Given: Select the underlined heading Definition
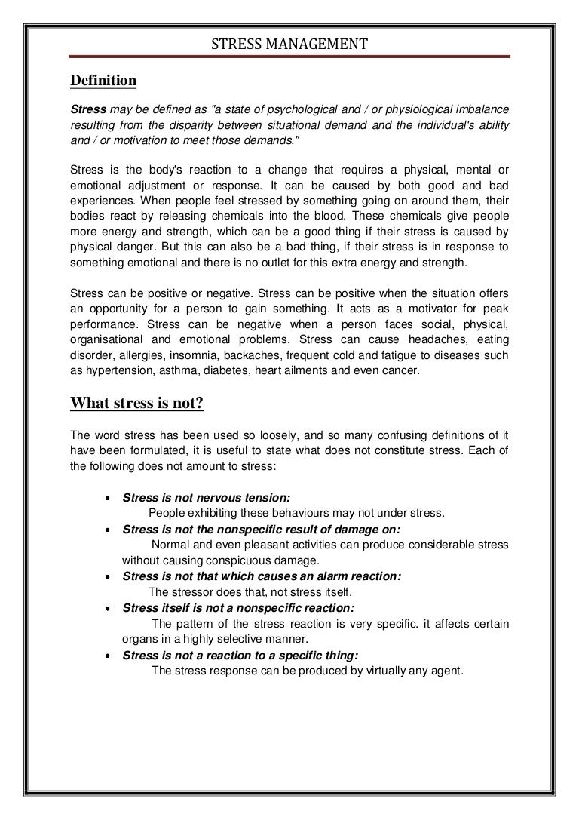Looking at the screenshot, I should coord(103,80).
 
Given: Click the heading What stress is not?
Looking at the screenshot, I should coord(137,403).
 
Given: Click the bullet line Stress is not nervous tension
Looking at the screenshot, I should coord(207,498).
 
